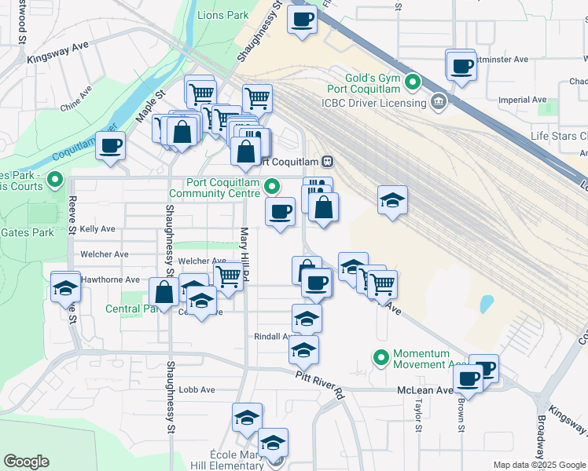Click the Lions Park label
222,15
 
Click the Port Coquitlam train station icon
328,162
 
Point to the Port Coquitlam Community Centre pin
272,187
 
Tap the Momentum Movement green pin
381,359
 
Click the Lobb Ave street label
197,389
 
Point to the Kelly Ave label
97,229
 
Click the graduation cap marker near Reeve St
65,287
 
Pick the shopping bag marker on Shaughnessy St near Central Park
164,294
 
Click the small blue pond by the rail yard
487,302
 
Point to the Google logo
26,462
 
